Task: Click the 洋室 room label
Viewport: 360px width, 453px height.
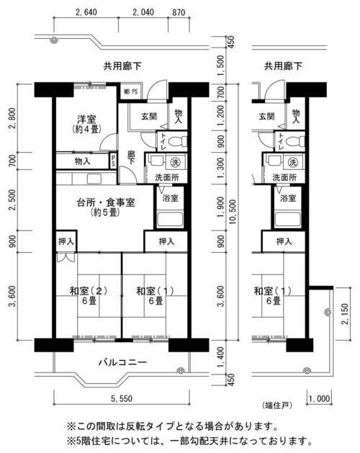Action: pos(86,119)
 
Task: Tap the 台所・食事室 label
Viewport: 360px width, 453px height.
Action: pos(106,202)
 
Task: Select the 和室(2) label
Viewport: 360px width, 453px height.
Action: pos(89,291)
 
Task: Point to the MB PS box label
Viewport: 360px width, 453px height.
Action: pos(130,92)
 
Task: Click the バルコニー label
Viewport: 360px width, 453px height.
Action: pos(123,362)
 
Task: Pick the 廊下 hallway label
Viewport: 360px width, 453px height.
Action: pos(131,158)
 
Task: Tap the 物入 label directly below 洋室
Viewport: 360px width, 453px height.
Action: pos(82,161)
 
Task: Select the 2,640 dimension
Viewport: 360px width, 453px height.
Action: pos(86,12)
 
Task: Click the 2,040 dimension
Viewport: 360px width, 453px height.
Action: pos(143,12)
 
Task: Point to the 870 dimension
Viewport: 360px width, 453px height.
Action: pos(179,12)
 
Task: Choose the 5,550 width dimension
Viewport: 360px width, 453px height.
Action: pos(122,399)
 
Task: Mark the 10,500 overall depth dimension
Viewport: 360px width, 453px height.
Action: pos(233,212)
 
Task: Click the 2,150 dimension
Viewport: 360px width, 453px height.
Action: pos(345,314)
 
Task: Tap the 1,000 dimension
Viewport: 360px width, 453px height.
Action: pos(320,399)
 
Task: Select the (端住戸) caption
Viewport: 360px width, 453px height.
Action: pos(277,405)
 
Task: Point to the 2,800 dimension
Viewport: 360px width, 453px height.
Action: pos(12,118)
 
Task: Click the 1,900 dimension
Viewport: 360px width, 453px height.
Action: pos(220,207)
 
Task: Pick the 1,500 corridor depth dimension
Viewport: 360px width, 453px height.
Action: pos(220,66)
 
